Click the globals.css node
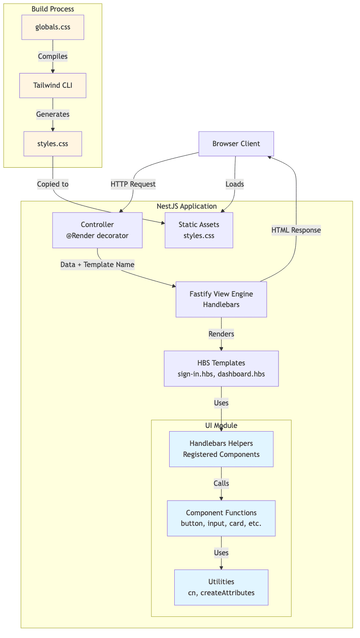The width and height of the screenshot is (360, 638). click(53, 27)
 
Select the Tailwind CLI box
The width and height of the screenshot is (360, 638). click(53, 85)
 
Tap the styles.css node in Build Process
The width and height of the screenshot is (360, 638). click(53, 144)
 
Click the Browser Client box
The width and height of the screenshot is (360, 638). click(236, 144)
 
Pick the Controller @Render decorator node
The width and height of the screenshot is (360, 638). click(97, 230)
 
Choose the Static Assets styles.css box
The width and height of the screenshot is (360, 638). click(199, 230)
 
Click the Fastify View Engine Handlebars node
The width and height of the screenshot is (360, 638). click(221, 299)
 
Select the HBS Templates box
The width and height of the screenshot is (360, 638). click(221, 369)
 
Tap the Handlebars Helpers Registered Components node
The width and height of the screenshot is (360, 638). click(221, 449)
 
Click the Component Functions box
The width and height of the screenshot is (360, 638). click(221, 518)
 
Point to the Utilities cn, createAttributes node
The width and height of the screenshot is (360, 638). click(221, 587)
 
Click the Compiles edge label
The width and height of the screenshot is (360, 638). click(53, 57)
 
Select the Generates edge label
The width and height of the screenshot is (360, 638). click(53, 114)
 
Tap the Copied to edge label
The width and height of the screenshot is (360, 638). click(53, 184)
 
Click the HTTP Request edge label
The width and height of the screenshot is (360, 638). click(133, 184)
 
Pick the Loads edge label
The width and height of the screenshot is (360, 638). click(234, 184)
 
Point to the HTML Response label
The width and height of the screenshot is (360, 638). click(296, 230)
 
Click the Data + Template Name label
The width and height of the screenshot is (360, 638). click(97, 265)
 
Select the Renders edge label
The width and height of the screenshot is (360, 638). click(221, 334)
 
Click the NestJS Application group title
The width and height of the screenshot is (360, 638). click(187, 206)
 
